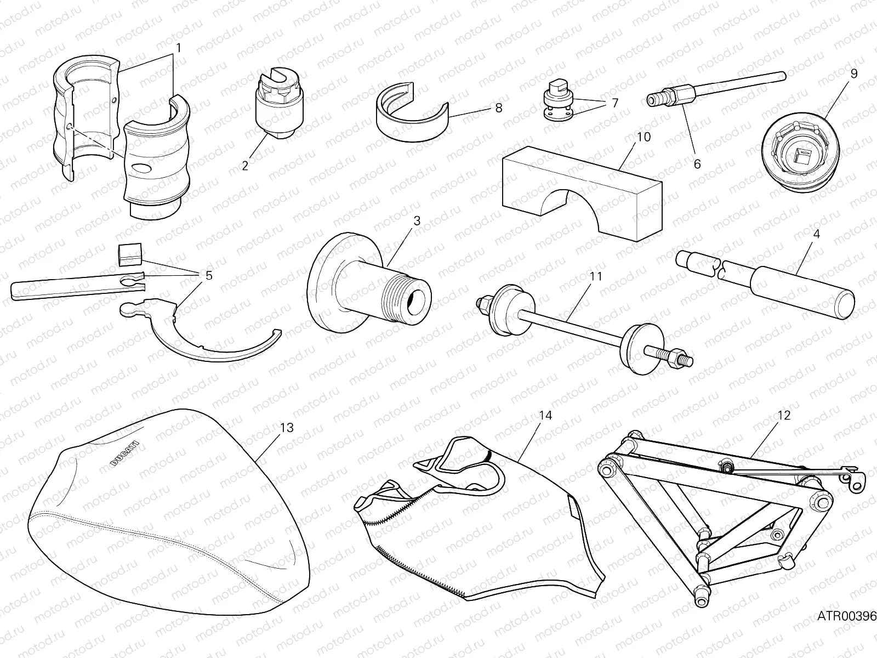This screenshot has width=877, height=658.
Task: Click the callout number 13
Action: coord(287,428)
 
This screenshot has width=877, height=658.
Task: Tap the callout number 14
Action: coord(545,416)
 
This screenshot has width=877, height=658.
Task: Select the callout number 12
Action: coord(784,416)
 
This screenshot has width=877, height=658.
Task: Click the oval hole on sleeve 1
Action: coord(141,169)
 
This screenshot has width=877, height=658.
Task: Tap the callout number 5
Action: coord(209,275)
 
